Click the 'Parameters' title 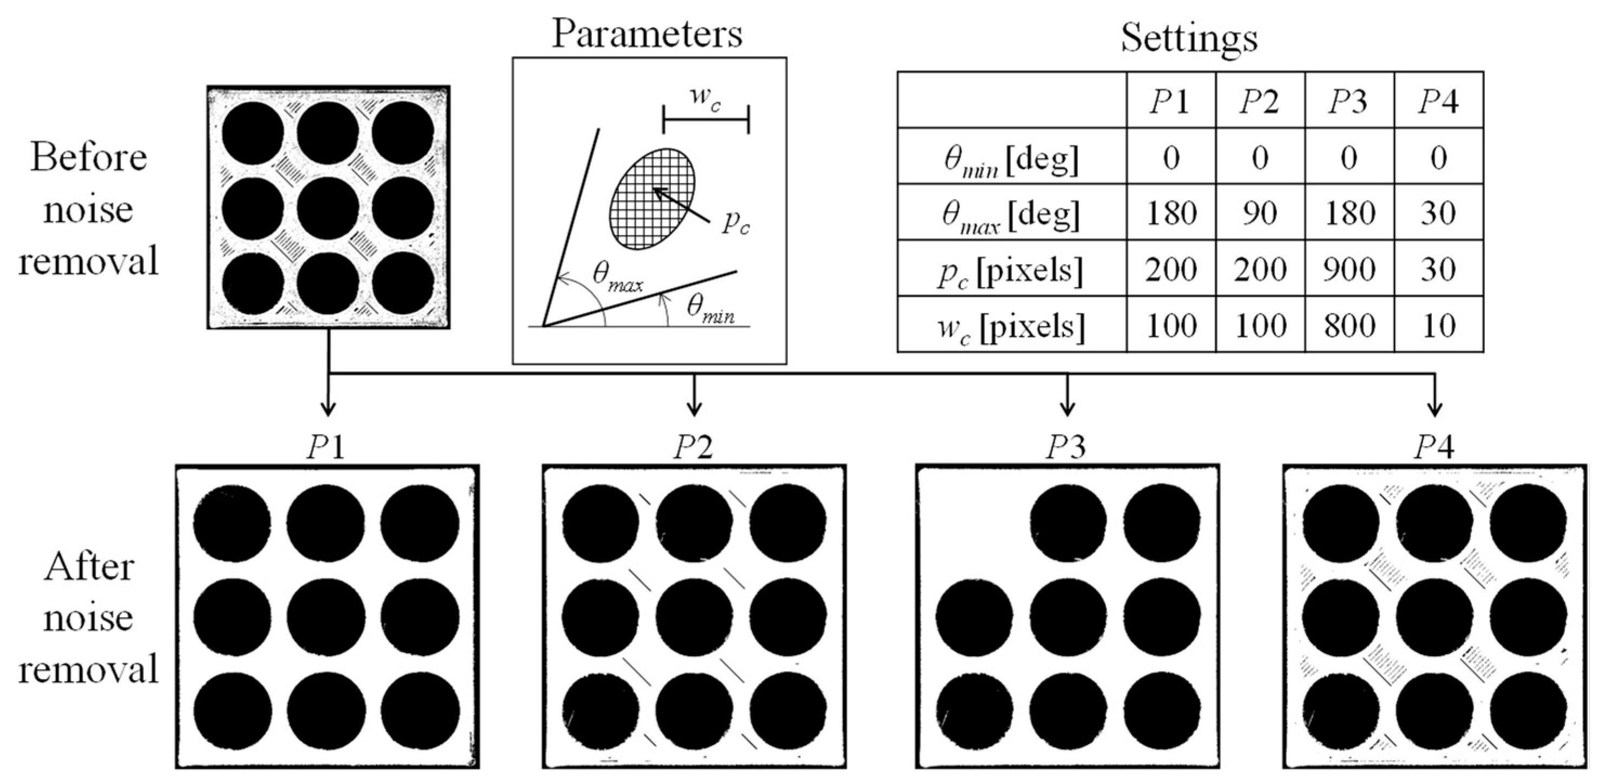647,34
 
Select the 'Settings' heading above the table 1189,38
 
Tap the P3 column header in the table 1350,102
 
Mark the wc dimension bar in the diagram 706,119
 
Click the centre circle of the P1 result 326,616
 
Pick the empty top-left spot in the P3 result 973,522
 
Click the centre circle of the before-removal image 328,210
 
